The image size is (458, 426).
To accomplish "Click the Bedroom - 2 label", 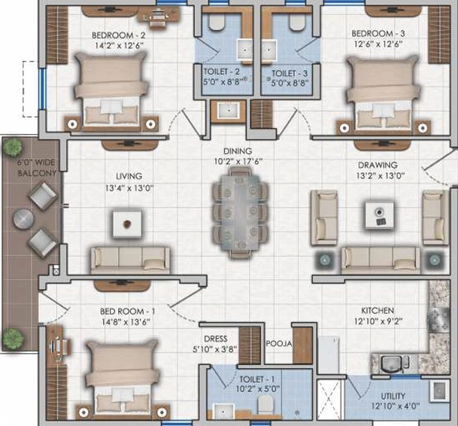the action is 118,35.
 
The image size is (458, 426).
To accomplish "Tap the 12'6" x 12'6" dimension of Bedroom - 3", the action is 378,44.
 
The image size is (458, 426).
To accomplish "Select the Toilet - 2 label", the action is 221,72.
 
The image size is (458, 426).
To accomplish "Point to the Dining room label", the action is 238,151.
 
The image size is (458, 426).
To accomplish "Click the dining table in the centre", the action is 240,213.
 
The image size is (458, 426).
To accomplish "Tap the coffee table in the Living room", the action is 127,224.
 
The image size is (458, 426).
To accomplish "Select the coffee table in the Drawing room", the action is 379,215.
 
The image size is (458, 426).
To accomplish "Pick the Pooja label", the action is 279,344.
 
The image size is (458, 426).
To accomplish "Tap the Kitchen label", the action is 378,311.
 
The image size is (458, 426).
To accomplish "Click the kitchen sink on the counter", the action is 390,364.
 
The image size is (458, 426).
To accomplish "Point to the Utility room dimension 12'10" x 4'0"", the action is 396,406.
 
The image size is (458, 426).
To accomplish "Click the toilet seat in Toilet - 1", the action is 265,405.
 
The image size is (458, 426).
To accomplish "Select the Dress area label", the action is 216,339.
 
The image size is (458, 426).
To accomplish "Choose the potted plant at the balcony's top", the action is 12,147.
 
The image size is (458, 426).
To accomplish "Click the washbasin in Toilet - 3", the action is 268,50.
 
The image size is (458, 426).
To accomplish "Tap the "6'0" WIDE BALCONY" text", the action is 37,168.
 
